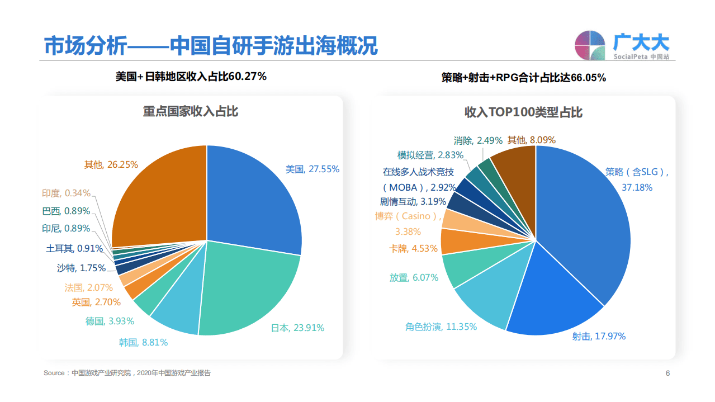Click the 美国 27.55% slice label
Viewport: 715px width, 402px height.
(x=312, y=169)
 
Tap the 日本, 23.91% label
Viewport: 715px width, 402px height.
(x=297, y=328)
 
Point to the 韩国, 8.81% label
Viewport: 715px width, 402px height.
(x=143, y=342)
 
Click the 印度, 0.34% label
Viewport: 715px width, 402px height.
(x=66, y=193)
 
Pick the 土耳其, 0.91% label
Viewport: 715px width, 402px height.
(x=74, y=248)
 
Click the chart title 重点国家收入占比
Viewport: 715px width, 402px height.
(x=191, y=111)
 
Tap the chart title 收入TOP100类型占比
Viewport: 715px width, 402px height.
(x=523, y=112)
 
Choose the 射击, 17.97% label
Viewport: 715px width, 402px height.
(x=599, y=336)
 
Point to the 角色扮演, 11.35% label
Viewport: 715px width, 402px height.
(x=441, y=327)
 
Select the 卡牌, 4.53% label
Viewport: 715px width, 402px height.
(x=413, y=248)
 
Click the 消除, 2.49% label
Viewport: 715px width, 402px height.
(x=478, y=140)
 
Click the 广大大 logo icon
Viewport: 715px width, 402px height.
(x=590, y=45)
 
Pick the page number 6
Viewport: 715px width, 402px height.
(x=667, y=373)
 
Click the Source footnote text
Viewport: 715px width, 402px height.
(x=127, y=373)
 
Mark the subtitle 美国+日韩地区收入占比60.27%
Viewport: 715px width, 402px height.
(x=191, y=77)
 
